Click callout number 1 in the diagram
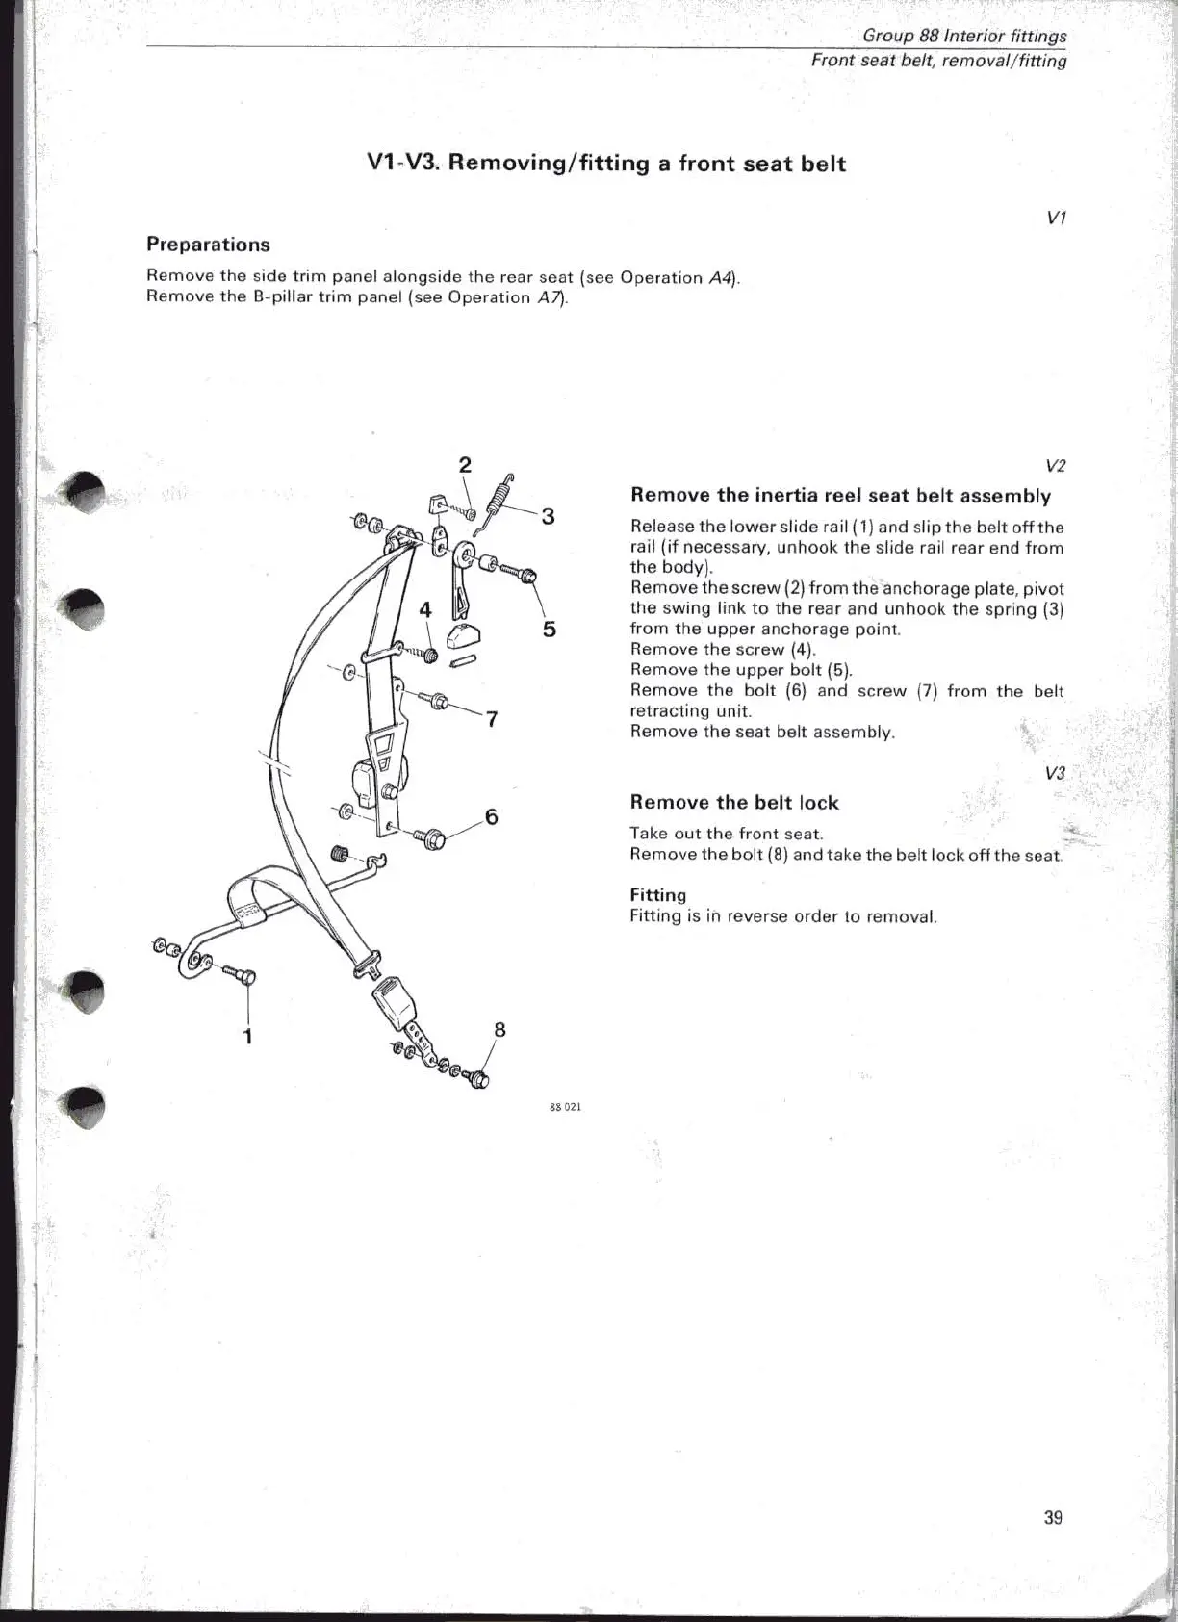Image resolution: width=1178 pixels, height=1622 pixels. (248, 1036)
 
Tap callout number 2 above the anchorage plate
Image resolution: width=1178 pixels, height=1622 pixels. (465, 465)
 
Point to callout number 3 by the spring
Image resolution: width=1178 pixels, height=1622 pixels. (548, 517)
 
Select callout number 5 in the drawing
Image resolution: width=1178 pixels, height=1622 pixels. (549, 630)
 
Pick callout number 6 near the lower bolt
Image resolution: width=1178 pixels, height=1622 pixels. (492, 817)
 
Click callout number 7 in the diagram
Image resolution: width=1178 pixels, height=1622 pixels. (492, 718)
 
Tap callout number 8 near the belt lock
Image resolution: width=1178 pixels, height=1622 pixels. (499, 1029)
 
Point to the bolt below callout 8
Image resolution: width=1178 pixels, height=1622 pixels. (476, 1079)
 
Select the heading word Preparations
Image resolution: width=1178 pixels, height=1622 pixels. (208, 245)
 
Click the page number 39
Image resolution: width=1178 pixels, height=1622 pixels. (1053, 1518)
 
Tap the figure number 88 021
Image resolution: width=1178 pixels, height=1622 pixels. (565, 1107)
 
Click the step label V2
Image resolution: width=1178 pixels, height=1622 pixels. (1055, 466)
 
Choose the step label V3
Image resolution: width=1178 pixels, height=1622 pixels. (1055, 773)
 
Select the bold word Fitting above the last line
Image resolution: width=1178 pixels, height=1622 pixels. (657, 895)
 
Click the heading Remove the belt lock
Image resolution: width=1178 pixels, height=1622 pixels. (733, 803)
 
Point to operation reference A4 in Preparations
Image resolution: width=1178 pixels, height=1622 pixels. (719, 278)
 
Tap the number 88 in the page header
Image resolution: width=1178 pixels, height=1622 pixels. (931, 37)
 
